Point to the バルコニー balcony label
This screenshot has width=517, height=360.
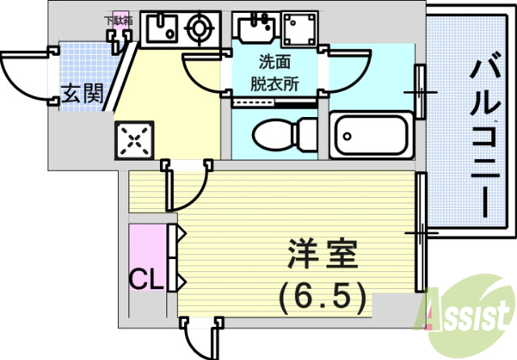click(486, 135)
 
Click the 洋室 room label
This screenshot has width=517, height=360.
click(321, 257)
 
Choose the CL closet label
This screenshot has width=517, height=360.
click(147, 280)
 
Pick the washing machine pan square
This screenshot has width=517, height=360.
click(300, 31)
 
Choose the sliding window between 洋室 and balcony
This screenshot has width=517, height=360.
click(420, 232)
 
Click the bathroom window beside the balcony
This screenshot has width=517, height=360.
click(420, 92)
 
